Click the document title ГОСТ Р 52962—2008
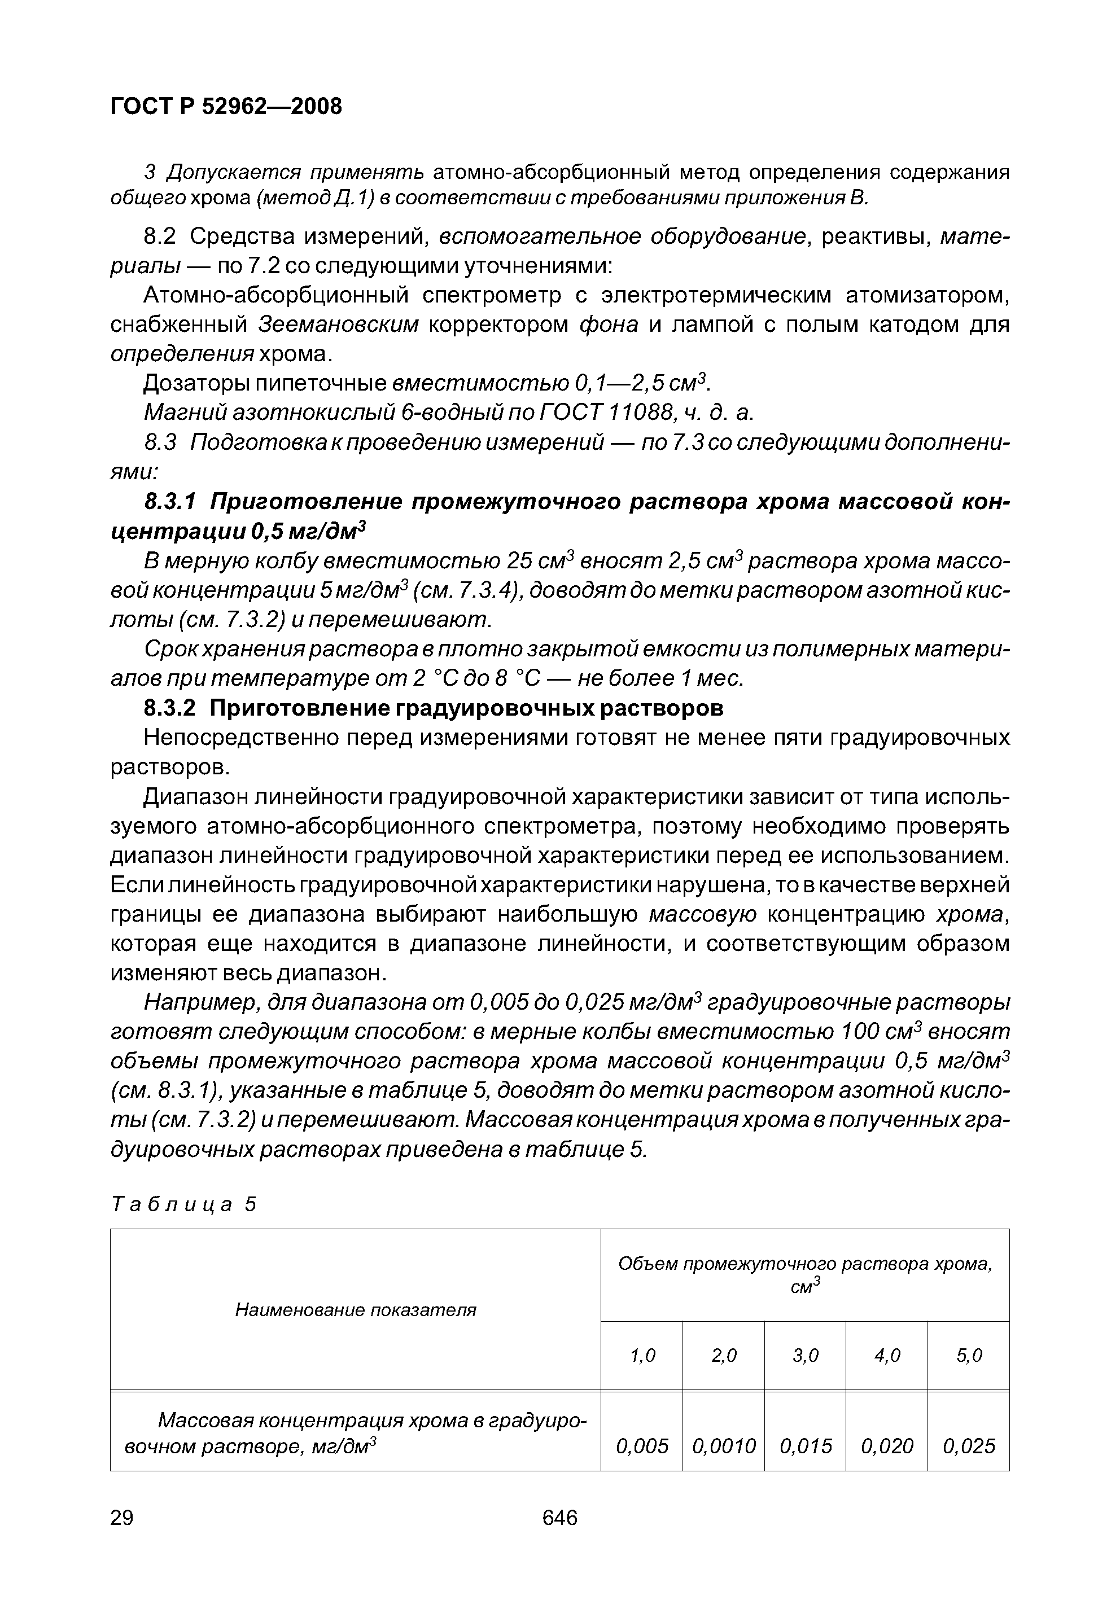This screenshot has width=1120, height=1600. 226,106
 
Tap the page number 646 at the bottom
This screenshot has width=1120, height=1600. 559,1516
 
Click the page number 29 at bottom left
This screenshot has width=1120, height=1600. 122,1516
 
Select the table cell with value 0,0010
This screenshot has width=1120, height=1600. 724,1445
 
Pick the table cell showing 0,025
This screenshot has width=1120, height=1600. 969,1445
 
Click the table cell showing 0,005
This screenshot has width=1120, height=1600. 642,1445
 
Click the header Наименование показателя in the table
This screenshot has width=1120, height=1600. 356,1309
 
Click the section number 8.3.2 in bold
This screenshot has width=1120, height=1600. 170,708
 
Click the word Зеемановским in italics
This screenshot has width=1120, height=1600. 339,325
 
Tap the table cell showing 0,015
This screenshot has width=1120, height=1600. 805,1445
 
